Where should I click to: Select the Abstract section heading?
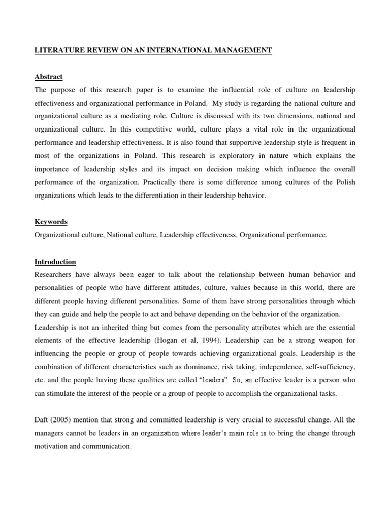48,77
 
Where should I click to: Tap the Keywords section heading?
51,222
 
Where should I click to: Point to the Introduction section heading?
55,262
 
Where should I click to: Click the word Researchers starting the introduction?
56,275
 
